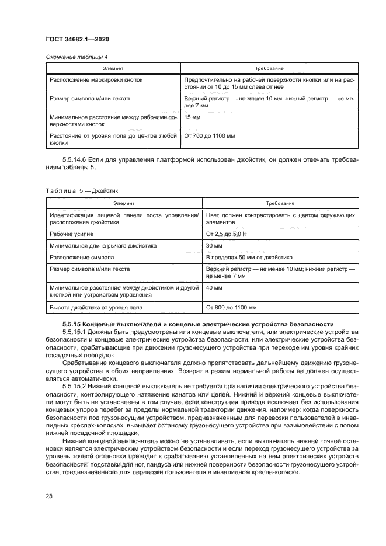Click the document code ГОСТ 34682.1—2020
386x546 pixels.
77,39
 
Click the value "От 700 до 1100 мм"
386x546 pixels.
209,136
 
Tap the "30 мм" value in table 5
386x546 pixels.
214,245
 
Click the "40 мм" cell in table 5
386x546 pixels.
214,288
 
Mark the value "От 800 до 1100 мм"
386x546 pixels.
231,307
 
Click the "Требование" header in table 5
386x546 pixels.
280,203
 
